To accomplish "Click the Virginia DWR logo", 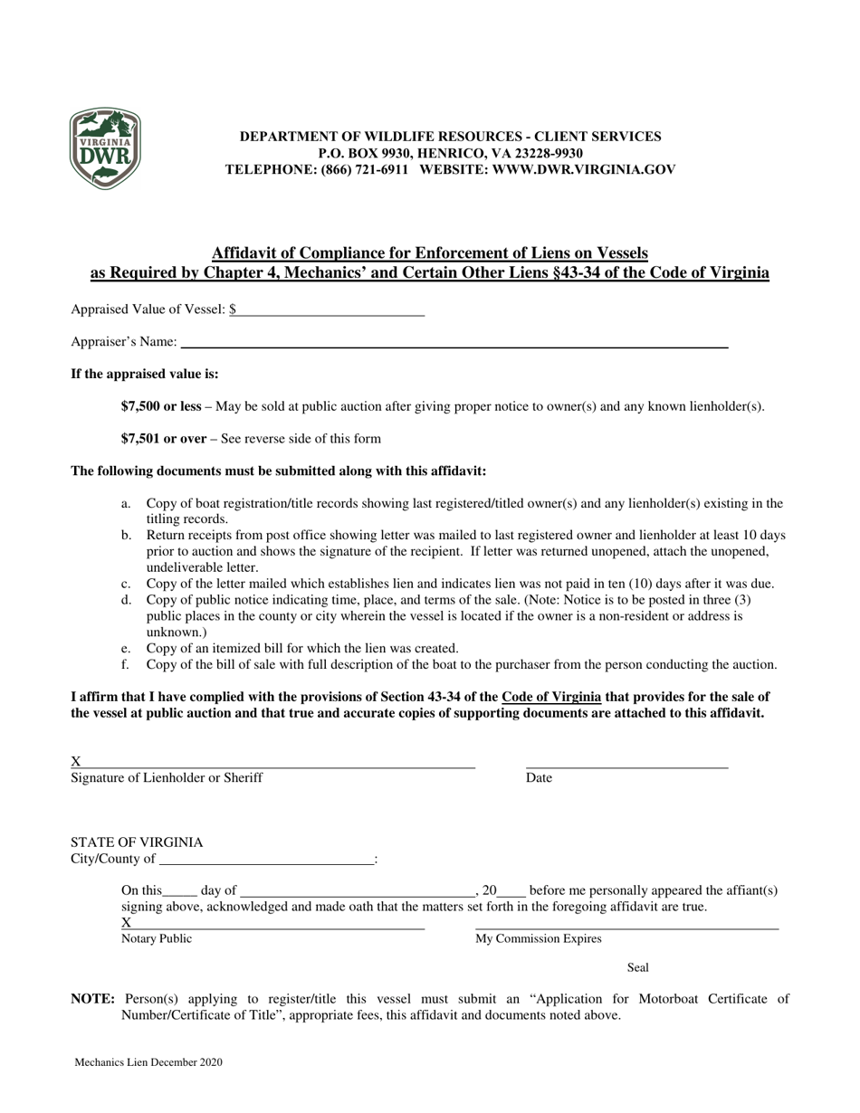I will click(x=105, y=149).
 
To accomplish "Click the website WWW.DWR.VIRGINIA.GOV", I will click(x=584, y=169).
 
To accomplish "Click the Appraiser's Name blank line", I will click(x=454, y=342).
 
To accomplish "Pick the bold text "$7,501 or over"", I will click(x=164, y=439).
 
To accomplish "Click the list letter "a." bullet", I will click(x=127, y=503).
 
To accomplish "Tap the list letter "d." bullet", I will click(x=127, y=600).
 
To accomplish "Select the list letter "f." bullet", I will click(x=126, y=665).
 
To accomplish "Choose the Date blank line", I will click(x=626, y=763).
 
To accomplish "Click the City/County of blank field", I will click(x=265, y=860).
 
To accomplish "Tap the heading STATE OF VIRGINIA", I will click(x=137, y=842).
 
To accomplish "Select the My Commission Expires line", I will click(x=626, y=925).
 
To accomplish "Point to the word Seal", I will click(x=638, y=968).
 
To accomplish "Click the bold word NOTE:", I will click(x=93, y=1000).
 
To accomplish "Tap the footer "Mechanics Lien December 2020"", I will click(x=148, y=1063).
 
